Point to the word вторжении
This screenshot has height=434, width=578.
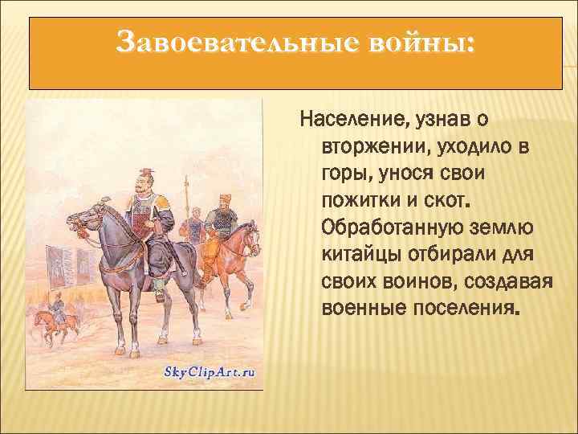pyautogui.click(x=375, y=148)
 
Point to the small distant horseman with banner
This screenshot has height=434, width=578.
pyautogui.click(x=56, y=313)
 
